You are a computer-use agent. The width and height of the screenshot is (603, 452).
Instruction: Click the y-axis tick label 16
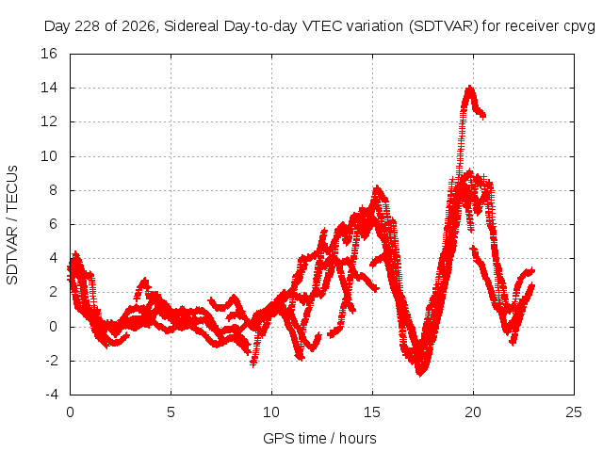tap(49, 54)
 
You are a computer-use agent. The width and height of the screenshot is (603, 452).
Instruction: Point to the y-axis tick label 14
tap(49, 88)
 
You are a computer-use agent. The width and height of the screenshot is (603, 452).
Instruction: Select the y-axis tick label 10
tap(49, 156)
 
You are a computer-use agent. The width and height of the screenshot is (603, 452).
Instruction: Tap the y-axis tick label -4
tap(52, 395)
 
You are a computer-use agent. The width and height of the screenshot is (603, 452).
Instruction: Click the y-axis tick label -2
tap(52, 361)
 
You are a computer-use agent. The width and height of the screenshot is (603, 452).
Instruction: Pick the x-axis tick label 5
tap(171, 412)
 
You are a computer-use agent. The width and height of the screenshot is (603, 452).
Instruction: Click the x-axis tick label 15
tap(372, 412)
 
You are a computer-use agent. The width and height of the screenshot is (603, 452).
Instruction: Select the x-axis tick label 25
tap(574, 412)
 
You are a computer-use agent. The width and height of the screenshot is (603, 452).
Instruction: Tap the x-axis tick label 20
tap(473, 412)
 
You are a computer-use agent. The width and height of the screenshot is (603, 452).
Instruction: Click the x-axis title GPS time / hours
tap(319, 439)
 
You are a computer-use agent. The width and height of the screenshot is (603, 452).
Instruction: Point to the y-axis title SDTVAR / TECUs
tap(12, 225)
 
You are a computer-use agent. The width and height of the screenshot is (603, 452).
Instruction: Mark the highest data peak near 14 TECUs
tap(470, 87)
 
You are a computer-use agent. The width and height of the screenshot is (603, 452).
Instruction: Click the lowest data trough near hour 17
tap(420, 375)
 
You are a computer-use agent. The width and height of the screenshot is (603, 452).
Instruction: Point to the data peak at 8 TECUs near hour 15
tap(377, 187)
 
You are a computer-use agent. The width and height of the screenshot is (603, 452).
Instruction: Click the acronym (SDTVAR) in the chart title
tap(444, 26)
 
